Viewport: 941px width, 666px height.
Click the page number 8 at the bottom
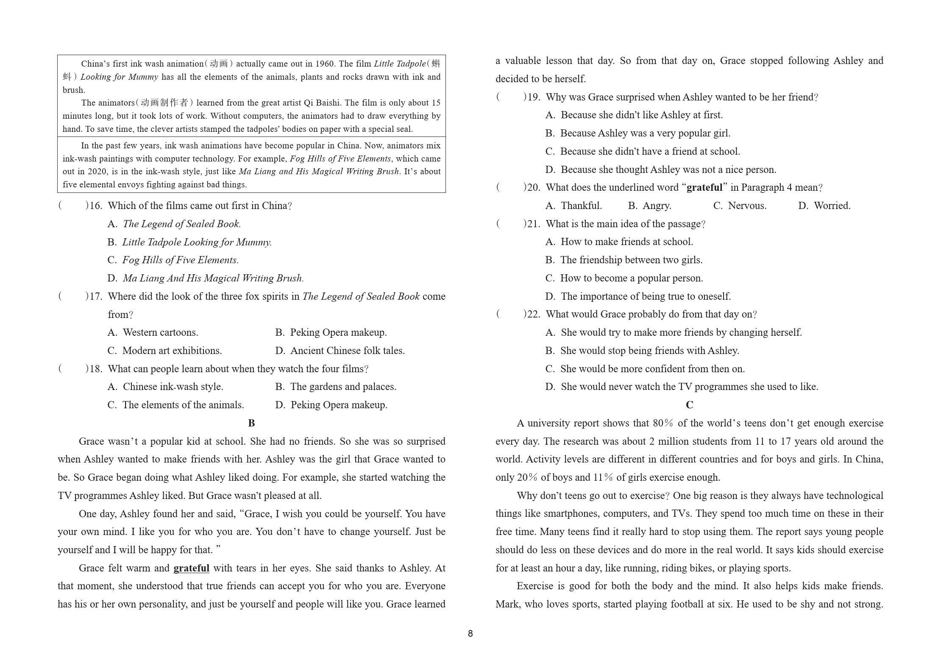click(x=470, y=633)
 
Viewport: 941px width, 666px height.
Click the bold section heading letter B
click(x=251, y=423)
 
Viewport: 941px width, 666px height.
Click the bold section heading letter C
click(x=689, y=405)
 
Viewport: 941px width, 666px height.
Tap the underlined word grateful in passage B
click(x=191, y=568)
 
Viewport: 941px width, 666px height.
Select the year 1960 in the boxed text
click(x=325, y=64)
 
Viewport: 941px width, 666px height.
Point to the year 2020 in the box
click(x=97, y=172)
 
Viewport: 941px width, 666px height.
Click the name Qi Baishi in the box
click(x=322, y=103)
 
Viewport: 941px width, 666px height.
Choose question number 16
click(x=96, y=206)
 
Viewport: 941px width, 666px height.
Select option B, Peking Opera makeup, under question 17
click(x=331, y=332)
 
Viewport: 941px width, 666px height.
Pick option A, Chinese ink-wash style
click(x=165, y=387)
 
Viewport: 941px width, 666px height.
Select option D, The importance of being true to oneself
click(x=638, y=296)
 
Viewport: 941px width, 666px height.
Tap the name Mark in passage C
click(x=507, y=604)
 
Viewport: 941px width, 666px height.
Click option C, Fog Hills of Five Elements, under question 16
click(x=173, y=260)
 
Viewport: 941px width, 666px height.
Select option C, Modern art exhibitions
click(x=165, y=351)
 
